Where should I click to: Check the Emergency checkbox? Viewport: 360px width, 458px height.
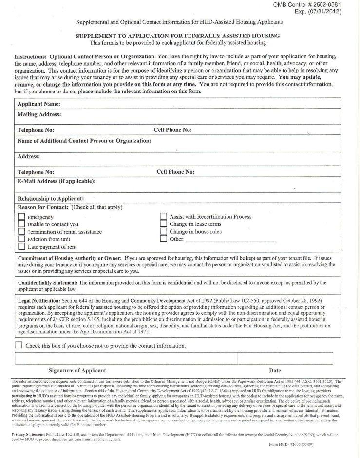pyautogui.click(x=21, y=217)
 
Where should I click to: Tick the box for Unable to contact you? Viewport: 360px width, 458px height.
pyautogui.click(x=21, y=224)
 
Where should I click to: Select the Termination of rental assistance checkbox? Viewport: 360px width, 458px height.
pyautogui.click(x=21, y=231)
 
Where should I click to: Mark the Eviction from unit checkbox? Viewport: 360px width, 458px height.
pyautogui.click(x=21, y=239)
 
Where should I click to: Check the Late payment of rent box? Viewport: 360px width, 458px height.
pyautogui.click(x=21, y=246)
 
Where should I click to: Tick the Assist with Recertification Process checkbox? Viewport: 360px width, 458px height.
pyautogui.click(x=164, y=217)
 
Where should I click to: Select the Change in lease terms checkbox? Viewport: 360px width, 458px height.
pyautogui.click(x=164, y=224)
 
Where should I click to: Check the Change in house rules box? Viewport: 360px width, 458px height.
pyautogui.click(x=164, y=231)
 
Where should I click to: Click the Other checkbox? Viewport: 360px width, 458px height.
pyautogui.click(x=164, y=239)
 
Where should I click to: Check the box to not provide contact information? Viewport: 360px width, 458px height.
pyautogui.click(x=19, y=345)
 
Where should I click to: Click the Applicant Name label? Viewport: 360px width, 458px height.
pyautogui.click(x=39, y=104)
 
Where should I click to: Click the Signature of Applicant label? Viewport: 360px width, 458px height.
pyautogui.click(x=77, y=370)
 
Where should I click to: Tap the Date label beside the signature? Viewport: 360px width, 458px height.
pyautogui.click(x=275, y=370)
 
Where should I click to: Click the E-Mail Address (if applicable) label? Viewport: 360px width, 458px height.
pyautogui.click(x=57, y=182)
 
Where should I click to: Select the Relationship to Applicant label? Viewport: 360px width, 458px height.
pyautogui.click(x=51, y=199)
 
